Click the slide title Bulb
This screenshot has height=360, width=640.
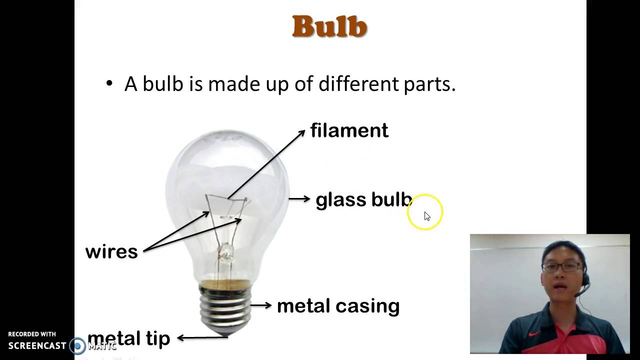[x=329, y=27]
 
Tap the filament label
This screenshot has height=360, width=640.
[x=349, y=130]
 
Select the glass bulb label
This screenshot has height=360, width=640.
[x=363, y=200]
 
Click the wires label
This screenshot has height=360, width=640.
[x=111, y=251]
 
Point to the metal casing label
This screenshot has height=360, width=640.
[x=338, y=306]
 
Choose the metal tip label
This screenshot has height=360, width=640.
[x=128, y=338]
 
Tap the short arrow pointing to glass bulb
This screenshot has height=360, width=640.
[x=299, y=199]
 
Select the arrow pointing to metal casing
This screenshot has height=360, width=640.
[x=260, y=305]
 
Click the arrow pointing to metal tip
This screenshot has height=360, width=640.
[x=202, y=338]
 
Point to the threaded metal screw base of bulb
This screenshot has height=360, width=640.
[x=225, y=306]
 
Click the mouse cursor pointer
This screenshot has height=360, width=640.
[x=426, y=216]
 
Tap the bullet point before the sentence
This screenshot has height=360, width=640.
[x=109, y=83]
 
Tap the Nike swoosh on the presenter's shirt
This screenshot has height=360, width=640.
[x=534, y=333]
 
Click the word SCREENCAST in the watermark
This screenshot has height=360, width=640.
[x=37, y=345]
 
